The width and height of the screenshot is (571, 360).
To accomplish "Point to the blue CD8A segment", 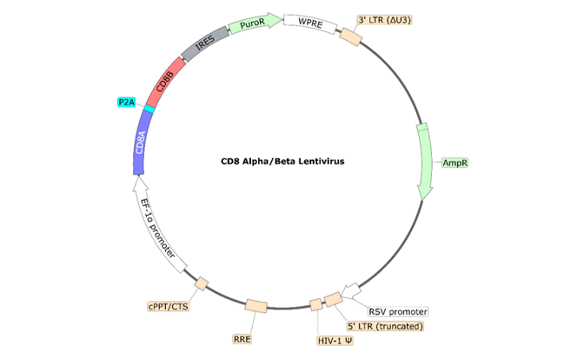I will tap(141, 143).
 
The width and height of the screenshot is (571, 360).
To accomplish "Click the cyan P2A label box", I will tap(128, 102).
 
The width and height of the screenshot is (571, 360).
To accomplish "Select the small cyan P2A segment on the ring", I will tap(149, 110).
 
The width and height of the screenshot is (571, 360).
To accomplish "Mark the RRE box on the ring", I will tap(256, 306).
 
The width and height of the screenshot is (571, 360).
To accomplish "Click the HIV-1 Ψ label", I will tap(335, 342).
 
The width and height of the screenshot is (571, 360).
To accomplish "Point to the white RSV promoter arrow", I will tap(352, 290).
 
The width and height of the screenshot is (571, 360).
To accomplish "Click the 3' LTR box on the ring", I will tap(349, 37).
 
